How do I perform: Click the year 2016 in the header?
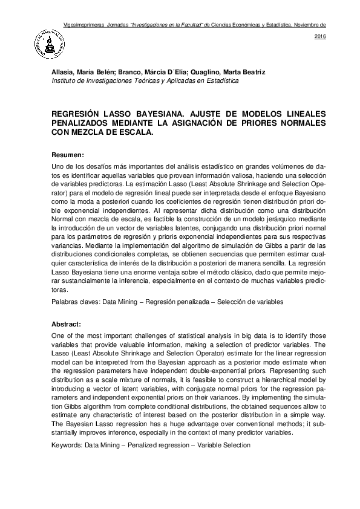point(321,37)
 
